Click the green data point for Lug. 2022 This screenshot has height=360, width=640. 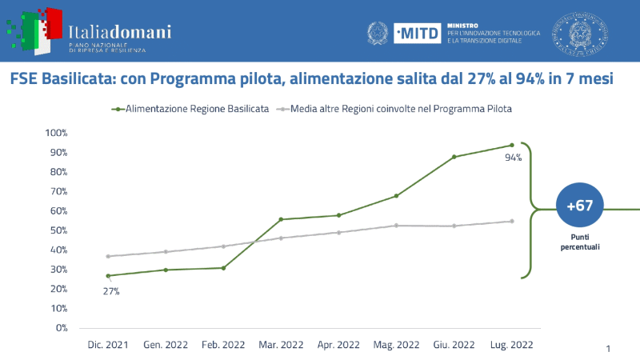click(x=511, y=145)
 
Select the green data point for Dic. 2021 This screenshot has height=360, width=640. click(x=108, y=276)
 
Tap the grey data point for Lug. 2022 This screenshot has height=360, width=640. click(x=511, y=221)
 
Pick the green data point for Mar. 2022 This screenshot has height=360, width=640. click(x=281, y=219)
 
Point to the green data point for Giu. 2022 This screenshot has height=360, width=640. click(x=454, y=157)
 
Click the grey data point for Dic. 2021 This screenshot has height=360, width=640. click(x=108, y=256)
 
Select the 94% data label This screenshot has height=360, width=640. click(x=513, y=158)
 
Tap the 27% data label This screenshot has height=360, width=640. click(x=110, y=291)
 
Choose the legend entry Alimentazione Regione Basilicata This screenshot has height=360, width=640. click(x=191, y=108)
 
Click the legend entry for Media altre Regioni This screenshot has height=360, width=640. click(x=401, y=108)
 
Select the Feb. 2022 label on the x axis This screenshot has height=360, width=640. click(x=223, y=345)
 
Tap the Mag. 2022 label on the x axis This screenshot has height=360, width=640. click(x=396, y=345)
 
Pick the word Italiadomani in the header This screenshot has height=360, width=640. click(x=120, y=32)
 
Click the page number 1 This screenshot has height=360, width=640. click(x=608, y=349)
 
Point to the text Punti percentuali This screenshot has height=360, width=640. click(x=579, y=242)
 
